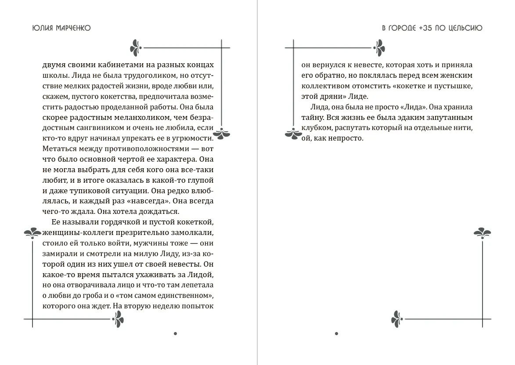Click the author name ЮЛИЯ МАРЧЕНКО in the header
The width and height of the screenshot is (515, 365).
coord(61,28)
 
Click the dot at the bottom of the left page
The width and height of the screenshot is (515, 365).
coord(175,333)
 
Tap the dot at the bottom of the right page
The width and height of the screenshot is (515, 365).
coord(336,333)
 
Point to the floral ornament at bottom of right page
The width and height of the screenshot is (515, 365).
coord(397,319)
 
